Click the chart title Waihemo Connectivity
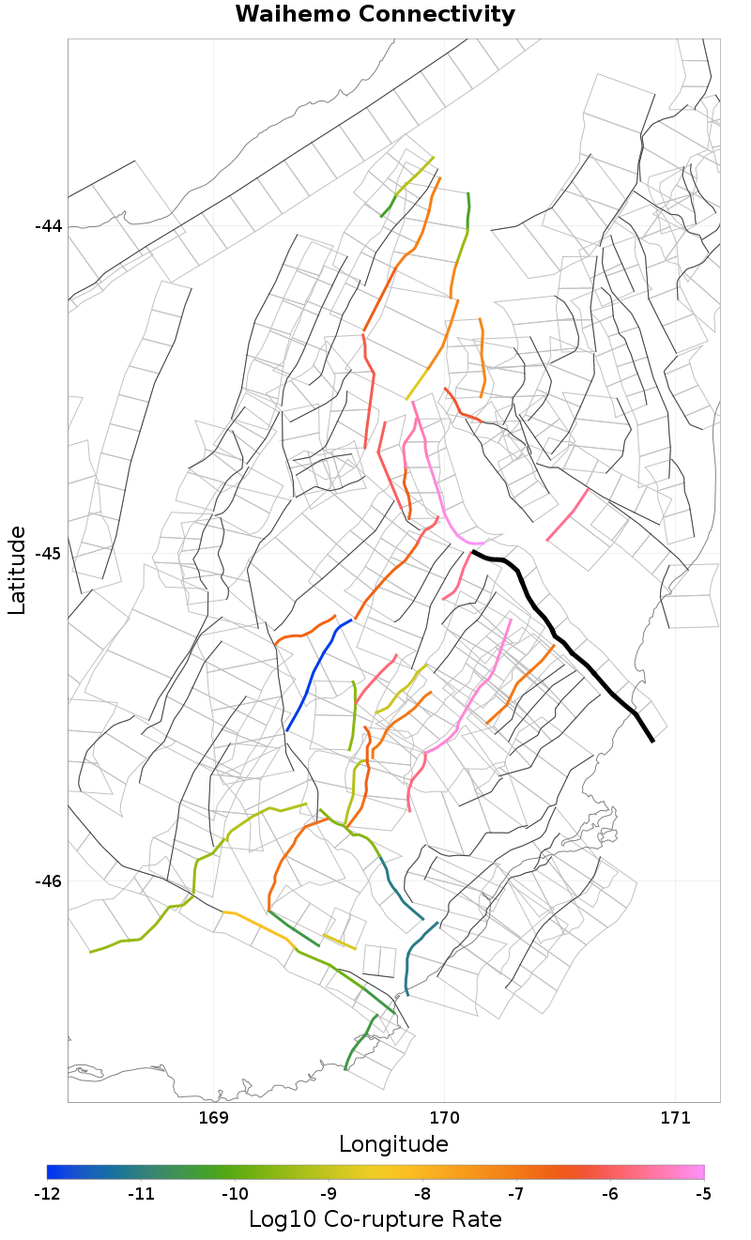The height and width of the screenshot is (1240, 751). [375, 14]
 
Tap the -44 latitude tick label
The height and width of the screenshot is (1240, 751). [48, 226]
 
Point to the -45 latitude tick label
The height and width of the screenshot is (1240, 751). [48, 554]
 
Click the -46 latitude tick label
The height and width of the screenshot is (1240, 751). [48, 881]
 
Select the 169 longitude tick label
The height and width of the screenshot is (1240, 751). [214, 1118]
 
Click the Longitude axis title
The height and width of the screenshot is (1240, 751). [393, 1144]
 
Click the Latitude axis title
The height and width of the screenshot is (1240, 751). [17, 570]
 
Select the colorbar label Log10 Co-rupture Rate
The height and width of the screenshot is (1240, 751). [375, 1219]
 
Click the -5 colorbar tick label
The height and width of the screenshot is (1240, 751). [703, 1194]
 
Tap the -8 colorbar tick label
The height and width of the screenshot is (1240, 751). [422, 1194]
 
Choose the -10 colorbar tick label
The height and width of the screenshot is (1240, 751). [235, 1194]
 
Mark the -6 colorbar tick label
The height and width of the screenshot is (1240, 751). [610, 1194]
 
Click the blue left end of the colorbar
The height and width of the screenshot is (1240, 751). [53, 1171]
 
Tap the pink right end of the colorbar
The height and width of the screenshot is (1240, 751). [698, 1171]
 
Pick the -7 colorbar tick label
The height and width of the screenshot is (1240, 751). [516, 1194]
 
